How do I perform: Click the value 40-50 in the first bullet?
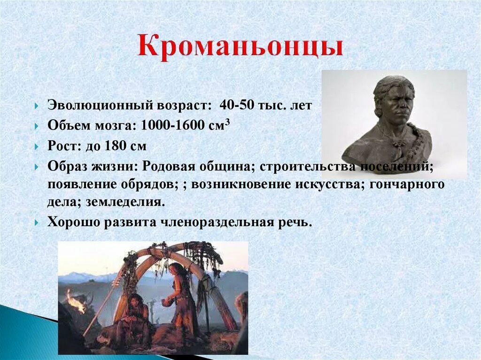point(237,105)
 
